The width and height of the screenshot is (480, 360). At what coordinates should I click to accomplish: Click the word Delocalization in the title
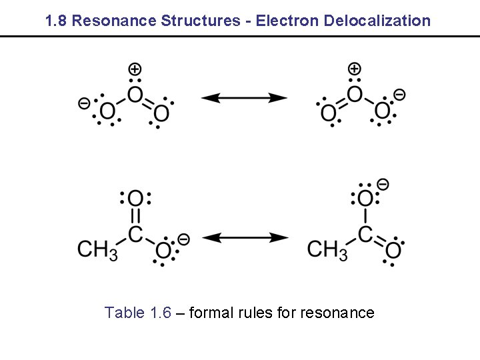pyautogui.click(x=377, y=21)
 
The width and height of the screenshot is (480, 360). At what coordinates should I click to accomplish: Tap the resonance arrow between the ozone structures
pyautogui.click(x=244, y=98)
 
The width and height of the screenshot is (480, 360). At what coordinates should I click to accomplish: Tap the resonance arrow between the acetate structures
pyautogui.click(x=244, y=237)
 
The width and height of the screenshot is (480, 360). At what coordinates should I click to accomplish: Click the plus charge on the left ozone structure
pyautogui.click(x=135, y=69)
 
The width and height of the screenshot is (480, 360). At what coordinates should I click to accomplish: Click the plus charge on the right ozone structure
pyautogui.click(x=355, y=69)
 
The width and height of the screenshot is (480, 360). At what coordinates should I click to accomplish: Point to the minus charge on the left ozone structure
pyautogui.click(x=83, y=103)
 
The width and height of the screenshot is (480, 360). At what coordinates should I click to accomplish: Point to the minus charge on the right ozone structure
pyautogui.click(x=399, y=95)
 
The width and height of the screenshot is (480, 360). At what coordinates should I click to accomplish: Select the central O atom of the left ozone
pyautogui.click(x=135, y=95)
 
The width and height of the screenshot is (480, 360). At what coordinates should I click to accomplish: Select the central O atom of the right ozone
pyautogui.click(x=355, y=95)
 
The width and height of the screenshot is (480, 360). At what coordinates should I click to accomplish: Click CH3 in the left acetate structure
pyautogui.click(x=97, y=250)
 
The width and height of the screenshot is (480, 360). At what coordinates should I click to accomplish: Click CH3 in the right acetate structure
pyautogui.click(x=327, y=250)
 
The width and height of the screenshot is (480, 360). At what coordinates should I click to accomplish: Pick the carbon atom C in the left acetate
pyautogui.click(x=135, y=234)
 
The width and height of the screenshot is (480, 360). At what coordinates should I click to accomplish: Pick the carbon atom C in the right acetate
pyautogui.click(x=365, y=234)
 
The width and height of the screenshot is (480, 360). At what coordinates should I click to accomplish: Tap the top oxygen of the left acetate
pyautogui.click(x=135, y=198)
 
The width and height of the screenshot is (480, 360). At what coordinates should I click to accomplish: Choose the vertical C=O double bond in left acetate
pyautogui.click(x=135, y=217)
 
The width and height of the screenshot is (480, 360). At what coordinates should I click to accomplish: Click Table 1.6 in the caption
pyautogui.click(x=138, y=313)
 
